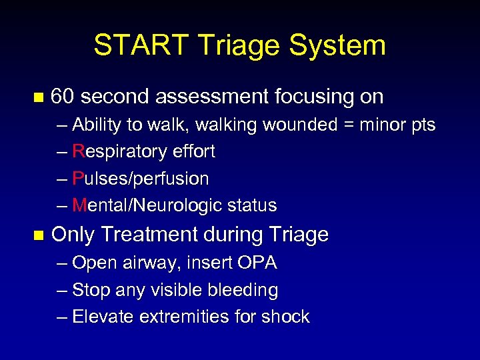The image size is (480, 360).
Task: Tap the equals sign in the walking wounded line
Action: pyautogui.click(x=345, y=125)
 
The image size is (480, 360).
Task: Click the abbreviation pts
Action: pyautogui.click(x=422, y=125)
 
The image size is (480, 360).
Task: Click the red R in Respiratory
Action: pyautogui.click(x=78, y=152)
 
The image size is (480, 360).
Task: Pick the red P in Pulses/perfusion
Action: pyautogui.click(x=77, y=179)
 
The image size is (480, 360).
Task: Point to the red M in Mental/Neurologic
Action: pyautogui.click(x=79, y=205)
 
